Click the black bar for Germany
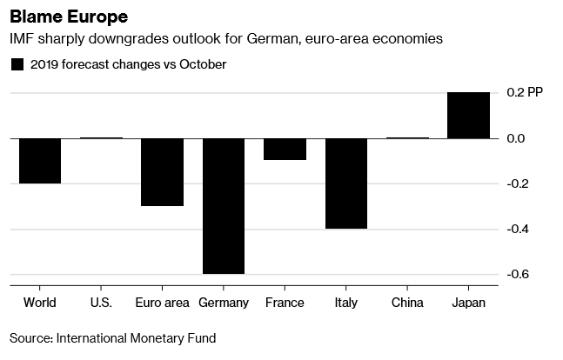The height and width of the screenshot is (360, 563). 224,206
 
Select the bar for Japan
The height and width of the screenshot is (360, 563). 468,115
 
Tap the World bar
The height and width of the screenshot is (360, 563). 40,161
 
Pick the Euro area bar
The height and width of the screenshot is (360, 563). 163,172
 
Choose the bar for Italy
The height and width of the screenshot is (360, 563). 346,183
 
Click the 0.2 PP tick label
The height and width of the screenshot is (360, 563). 527,93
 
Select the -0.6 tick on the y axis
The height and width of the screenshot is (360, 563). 519,275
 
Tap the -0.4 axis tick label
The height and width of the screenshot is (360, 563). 519,230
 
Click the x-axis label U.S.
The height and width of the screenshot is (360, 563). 101,303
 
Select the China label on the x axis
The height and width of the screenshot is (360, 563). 407,303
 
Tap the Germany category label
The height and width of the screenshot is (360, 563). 224,303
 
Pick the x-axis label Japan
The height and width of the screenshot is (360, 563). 468,303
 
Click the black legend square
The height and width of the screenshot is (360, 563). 17,64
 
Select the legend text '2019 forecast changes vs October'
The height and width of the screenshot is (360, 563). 128,64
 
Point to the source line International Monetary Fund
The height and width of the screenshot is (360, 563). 113,337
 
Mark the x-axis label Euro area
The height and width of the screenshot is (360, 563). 163,303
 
